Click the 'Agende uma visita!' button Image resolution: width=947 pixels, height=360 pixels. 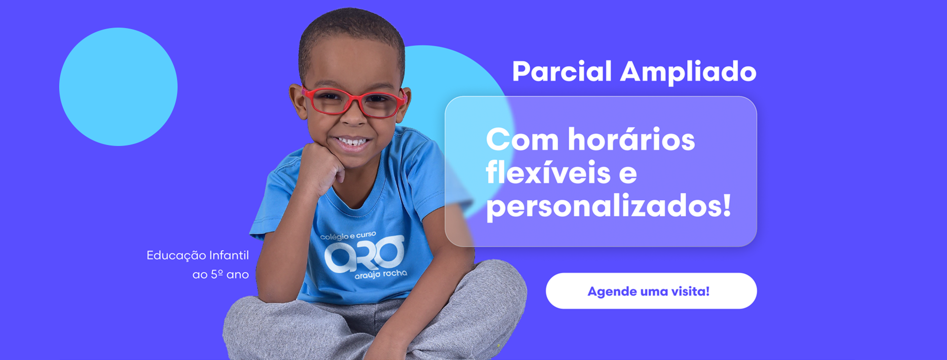pyautogui.click(x=651, y=291)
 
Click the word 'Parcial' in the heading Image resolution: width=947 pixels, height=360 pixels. pyautogui.click(x=562, y=72)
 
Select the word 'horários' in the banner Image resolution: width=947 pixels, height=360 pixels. pyautogui.click(x=631, y=139)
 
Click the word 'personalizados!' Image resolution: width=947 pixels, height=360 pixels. pyautogui.click(x=609, y=206)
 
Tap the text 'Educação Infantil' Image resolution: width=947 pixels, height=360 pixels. pyautogui.click(x=198, y=255)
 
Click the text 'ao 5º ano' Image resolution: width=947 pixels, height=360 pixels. pyautogui.click(x=220, y=274)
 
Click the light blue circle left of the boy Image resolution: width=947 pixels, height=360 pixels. pyautogui.click(x=118, y=87)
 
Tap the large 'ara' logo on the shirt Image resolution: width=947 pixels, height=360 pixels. pyautogui.click(x=364, y=254)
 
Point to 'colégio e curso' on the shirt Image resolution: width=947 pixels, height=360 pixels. pyautogui.click(x=348, y=236)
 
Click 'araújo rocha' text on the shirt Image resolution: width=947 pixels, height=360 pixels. pyautogui.click(x=381, y=274)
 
